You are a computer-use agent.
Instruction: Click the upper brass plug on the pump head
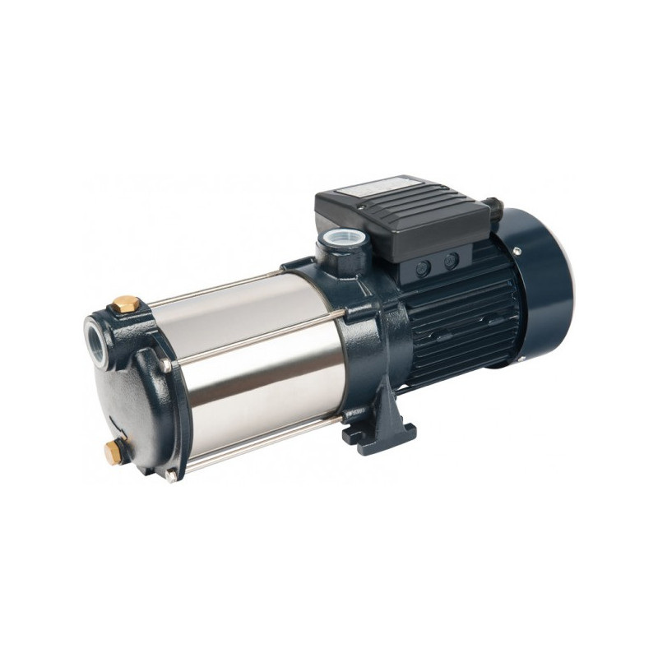click(126, 304)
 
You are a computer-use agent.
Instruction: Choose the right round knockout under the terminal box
click(451, 261)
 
